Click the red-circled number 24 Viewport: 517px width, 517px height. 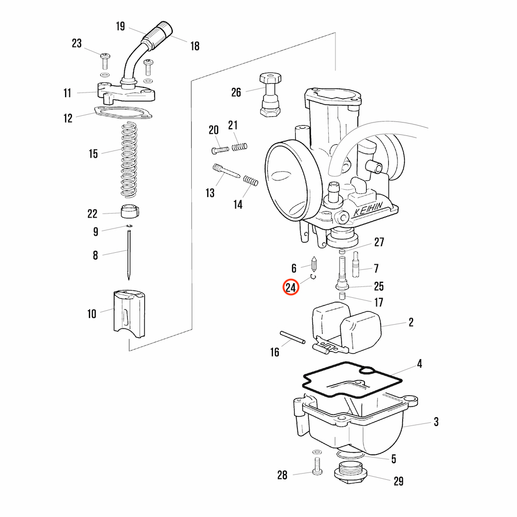(291, 287)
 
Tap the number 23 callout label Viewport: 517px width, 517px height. (77, 44)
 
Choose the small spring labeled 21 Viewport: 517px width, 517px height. (238, 147)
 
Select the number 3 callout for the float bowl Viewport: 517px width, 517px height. (436, 422)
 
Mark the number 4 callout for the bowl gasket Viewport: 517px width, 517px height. (419, 364)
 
